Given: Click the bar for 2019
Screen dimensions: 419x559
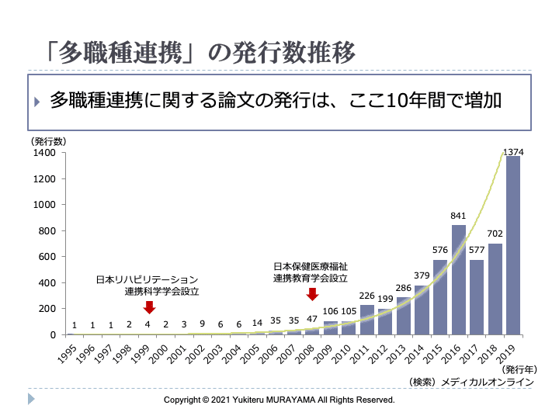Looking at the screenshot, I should click(x=513, y=245).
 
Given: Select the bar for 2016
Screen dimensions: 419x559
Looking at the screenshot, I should click(x=458, y=279).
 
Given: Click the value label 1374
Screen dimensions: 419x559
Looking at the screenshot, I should click(x=513, y=153).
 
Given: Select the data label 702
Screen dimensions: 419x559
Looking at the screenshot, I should click(x=495, y=234).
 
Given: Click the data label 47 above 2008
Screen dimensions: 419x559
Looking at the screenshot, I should click(x=312, y=319).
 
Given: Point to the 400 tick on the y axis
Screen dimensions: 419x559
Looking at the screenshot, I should click(x=47, y=282).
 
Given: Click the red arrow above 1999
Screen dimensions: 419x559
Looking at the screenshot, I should click(x=149, y=308).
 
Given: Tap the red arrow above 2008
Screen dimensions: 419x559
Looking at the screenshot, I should click(x=312, y=294).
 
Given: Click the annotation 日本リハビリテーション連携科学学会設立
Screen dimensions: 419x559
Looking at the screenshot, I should click(x=148, y=286).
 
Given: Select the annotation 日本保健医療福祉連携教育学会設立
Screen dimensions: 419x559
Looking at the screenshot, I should click(x=311, y=272).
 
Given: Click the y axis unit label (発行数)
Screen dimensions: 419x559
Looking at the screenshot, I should click(x=48, y=141).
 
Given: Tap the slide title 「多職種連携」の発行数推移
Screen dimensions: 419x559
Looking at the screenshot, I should click(x=200, y=53).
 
